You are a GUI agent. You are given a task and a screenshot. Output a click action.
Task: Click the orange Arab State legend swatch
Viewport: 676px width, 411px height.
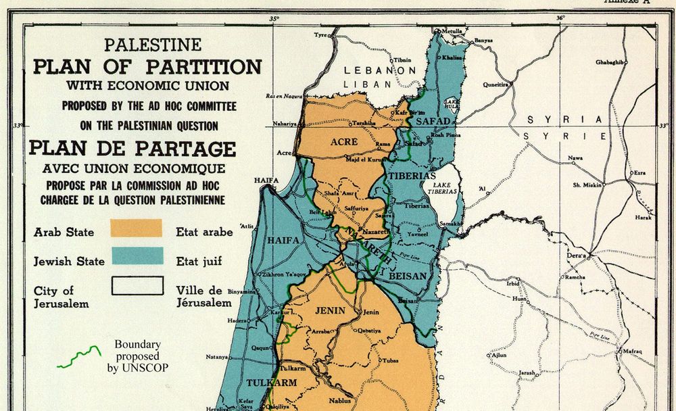(x=137, y=228)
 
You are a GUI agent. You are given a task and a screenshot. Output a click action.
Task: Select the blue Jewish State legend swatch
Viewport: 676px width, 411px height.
(x=137, y=256)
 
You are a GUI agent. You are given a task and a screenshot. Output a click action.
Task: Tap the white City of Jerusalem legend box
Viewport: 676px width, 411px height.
(x=137, y=285)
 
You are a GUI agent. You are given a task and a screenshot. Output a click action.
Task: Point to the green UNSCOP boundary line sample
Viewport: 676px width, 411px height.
(x=78, y=358)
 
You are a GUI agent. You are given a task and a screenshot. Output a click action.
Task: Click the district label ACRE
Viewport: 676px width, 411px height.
(x=344, y=142)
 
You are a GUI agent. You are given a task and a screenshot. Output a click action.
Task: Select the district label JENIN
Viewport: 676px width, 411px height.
(x=330, y=311)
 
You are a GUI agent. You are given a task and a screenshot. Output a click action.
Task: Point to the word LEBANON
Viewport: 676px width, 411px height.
(x=380, y=70)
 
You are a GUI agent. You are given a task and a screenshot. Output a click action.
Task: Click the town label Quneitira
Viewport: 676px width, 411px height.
(x=496, y=85)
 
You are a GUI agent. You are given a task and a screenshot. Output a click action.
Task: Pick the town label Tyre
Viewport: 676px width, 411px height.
(x=320, y=34)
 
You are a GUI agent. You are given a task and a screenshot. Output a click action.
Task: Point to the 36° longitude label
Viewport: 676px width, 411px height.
(x=560, y=18)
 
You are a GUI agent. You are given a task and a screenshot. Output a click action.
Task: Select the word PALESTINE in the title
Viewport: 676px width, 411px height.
(x=152, y=45)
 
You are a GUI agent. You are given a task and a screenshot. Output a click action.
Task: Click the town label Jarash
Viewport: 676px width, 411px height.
(x=528, y=372)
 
